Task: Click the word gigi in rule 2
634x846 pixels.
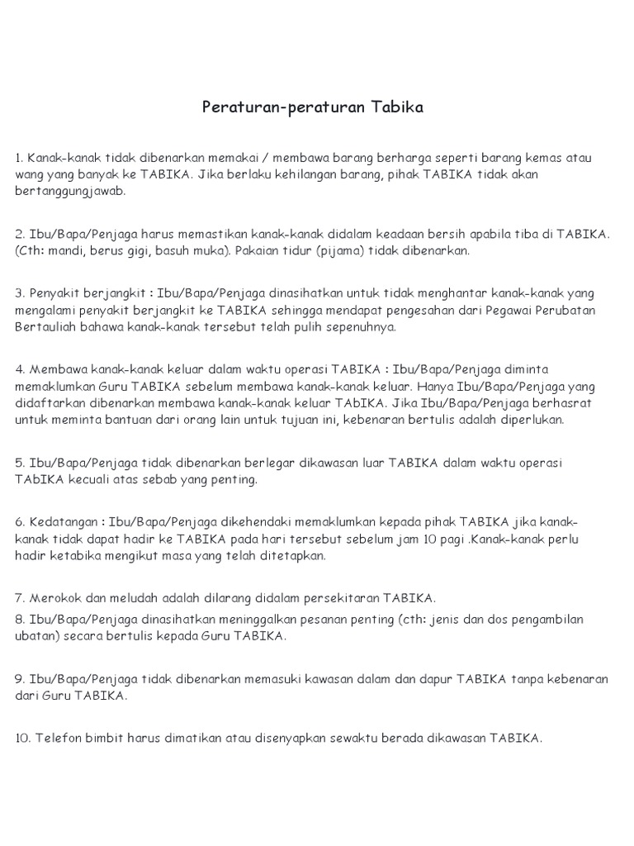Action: pos(135,250)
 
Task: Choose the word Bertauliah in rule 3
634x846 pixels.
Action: pos(47,326)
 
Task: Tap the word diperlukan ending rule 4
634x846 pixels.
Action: pos(529,419)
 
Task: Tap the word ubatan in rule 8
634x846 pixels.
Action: pos(36,635)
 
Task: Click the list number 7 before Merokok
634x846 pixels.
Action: pos(19,597)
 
